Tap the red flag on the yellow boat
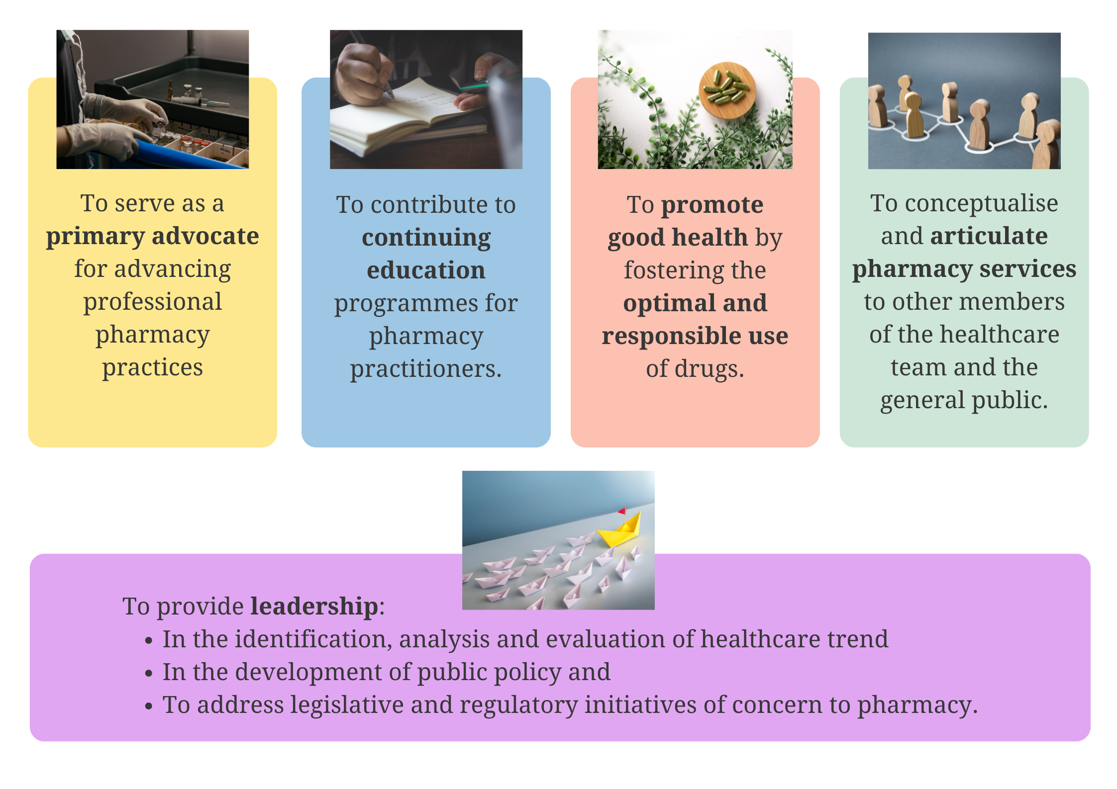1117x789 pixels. (622, 511)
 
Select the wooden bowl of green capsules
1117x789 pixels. (727, 90)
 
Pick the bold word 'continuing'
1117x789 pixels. (426, 238)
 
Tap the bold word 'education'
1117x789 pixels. (426, 270)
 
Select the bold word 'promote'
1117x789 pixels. (712, 205)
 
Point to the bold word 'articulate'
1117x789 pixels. (989, 236)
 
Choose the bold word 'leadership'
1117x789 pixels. (314, 607)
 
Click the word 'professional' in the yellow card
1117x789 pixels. (153, 303)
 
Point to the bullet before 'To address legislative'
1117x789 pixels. (148, 706)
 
